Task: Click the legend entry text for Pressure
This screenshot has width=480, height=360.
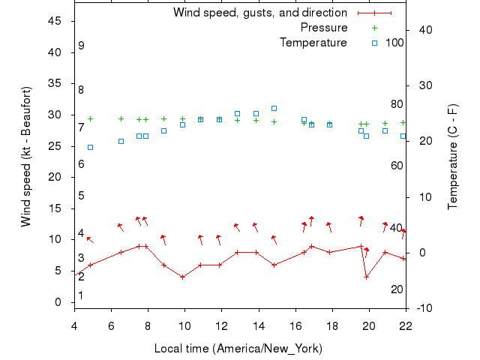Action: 324,28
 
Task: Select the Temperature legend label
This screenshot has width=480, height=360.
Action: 313,43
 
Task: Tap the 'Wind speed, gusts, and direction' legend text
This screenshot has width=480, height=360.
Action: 260,13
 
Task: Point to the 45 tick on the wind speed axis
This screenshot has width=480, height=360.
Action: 54,21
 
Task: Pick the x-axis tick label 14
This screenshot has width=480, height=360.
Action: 258,325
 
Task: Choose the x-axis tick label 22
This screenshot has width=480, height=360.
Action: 406,325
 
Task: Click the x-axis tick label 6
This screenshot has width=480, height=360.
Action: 111,325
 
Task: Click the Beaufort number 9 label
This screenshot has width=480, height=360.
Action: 81,46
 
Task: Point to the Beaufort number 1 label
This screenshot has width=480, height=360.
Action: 81,295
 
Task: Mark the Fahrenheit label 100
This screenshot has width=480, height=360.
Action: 394,43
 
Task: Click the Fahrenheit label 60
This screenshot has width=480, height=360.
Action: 397,165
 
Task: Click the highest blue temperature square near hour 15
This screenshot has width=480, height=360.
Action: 274,108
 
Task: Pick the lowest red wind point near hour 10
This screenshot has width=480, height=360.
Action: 182,277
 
